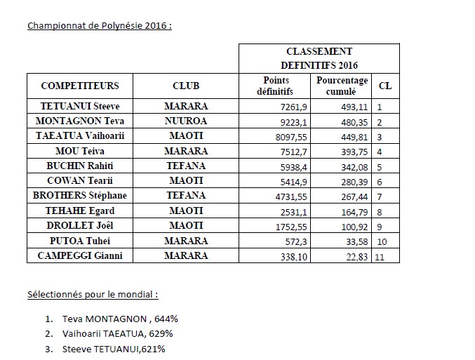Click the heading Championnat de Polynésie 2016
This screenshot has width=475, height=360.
click(x=100, y=27)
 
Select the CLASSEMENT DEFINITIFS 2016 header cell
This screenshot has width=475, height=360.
click(x=319, y=58)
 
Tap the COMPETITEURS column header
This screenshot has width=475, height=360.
click(x=80, y=86)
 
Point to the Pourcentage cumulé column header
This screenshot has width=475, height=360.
click(x=342, y=86)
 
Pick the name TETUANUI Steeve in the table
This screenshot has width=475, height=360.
click(x=80, y=107)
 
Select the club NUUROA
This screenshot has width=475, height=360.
click(x=185, y=121)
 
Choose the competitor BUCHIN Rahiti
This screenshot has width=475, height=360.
click(x=80, y=166)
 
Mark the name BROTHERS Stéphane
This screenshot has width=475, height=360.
click(x=80, y=195)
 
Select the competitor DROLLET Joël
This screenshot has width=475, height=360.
click(x=80, y=225)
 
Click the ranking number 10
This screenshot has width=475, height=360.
click(x=382, y=241)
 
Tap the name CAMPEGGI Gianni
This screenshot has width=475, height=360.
click(x=80, y=255)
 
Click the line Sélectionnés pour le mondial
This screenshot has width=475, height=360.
click(x=92, y=294)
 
